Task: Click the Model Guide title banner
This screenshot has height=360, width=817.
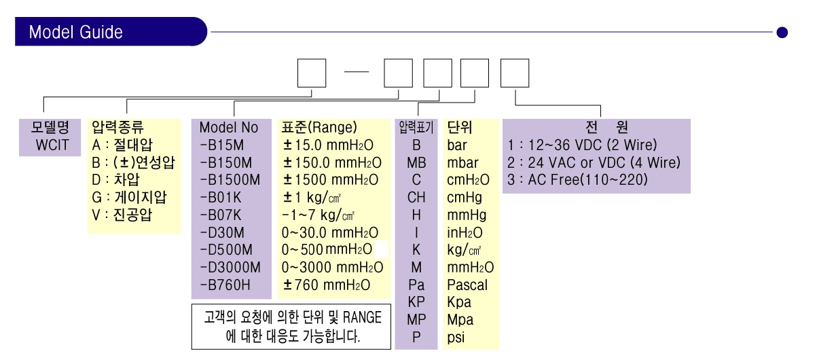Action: coord(111,32)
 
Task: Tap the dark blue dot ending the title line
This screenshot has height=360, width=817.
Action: coord(782,33)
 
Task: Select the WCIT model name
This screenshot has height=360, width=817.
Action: coord(52,145)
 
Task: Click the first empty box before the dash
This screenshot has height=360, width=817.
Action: coord(312,73)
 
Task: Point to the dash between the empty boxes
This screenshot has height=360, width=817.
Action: coord(357,72)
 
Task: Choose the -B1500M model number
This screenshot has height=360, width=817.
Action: coord(230,180)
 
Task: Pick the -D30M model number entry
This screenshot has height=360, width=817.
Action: coord(222,233)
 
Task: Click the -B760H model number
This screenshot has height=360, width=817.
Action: coord(225,285)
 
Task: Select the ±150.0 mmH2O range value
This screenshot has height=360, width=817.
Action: coord(332,162)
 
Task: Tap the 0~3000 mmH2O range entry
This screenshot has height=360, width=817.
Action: coord(332,268)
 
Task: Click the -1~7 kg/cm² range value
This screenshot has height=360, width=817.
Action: coord(318,215)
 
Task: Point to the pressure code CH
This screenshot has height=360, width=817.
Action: coord(416,198)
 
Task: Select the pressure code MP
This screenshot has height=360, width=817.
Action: coord(416,319)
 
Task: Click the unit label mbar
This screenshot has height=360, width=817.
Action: coord(462,162)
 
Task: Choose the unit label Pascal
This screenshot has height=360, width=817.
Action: coord(467,285)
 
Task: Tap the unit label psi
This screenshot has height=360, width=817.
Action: coord(456,338)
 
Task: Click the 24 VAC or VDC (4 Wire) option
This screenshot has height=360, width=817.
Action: coord(594,162)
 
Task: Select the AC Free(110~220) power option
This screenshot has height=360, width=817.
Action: coord(577,180)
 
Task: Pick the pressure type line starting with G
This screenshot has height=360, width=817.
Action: coord(129,198)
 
